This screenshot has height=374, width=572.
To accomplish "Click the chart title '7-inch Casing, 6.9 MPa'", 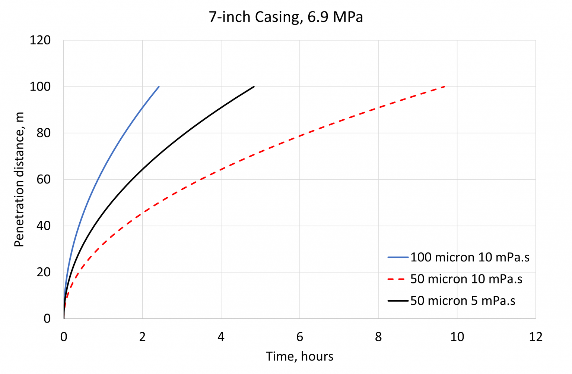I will pyautogui.click(x=286, y=17).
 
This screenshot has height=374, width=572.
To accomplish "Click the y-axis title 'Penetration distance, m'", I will pyautogui.click(x=19, y=179).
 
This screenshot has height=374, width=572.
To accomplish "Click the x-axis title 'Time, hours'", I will pyautogui.click(x=299, y=356).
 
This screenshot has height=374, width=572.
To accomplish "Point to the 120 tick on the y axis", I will pyautogui.click(x=40, y=40).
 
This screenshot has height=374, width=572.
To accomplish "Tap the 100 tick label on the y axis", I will pyautogui.click(x=40, y=87).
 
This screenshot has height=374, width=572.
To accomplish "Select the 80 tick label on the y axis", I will pyautogui.click(x=44, y=133).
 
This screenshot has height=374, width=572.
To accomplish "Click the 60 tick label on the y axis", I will pyautogui.click(x=44, y=179).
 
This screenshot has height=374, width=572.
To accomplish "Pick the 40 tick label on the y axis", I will pyautogui.click(x=44, y=226).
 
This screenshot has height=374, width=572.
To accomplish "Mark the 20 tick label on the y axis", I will pyautogui.click(x=44, y=272).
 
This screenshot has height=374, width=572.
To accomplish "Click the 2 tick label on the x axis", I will pyautogui.click(x=142, y=337).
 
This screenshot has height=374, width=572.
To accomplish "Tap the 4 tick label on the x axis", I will pyautogui.click(x=221, y=337).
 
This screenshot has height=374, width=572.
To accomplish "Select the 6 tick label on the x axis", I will pyautogui.click(x=300, y=337).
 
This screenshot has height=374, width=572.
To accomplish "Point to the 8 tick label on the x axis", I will pyautogui.click(x=378, y=337).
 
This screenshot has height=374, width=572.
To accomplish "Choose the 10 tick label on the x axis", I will pyautogui.click(x=457, y=337).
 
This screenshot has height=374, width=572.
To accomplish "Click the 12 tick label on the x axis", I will pyautogui.click(x=536, y=337).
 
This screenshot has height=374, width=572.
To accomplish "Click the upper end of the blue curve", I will pyautogui.click(x=159, y=87).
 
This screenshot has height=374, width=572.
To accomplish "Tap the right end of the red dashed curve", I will pyautogui.click(x=445, y=87).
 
